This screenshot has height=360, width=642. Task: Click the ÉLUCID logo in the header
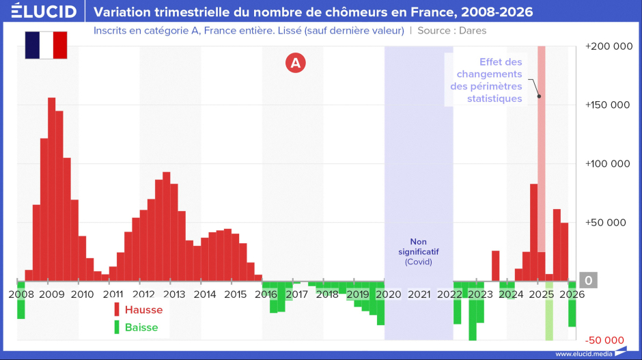coord(44,11)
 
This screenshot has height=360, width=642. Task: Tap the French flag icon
coord(46,45)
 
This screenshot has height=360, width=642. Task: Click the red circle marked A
coord(296,63)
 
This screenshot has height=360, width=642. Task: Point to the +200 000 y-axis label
coord(609,46)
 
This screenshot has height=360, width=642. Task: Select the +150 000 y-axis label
coord(608,105)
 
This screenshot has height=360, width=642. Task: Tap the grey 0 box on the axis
coord(588,280)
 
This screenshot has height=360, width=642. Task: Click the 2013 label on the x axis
coord(174,294)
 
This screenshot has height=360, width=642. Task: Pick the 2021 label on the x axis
coord(419,294)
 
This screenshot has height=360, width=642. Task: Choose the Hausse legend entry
coord(139,309)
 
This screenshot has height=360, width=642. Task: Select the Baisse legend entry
coord(137,327)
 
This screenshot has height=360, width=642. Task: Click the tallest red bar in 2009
coord(52,189)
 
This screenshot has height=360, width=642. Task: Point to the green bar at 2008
coord(21,300)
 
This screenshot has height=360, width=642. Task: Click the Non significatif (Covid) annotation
coord(419,251)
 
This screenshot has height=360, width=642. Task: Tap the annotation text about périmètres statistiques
coord(486,81)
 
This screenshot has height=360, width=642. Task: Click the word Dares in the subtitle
coord(473,31)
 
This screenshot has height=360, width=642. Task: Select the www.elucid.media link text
coord(584,354)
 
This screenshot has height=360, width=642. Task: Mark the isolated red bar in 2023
coord(495,266)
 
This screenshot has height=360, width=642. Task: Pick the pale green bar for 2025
coord(549,311)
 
